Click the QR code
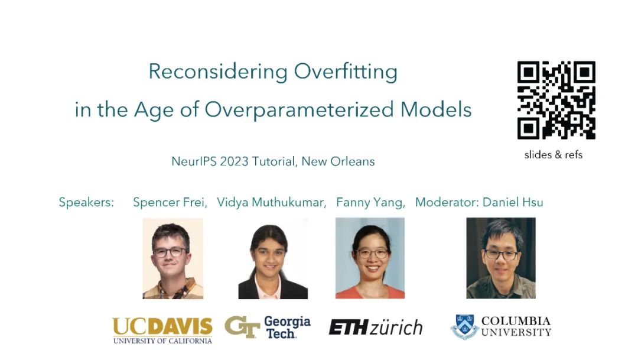point(556,100)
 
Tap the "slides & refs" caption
point(554,155)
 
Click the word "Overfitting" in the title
point(346,72)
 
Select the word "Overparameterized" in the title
point(299,110)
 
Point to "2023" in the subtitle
point(234,161)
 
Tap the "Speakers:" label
point(86,202)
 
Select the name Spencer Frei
point(170,202)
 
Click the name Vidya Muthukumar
point(271,202)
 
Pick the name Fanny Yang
point(370,202)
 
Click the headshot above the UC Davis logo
point(173,258)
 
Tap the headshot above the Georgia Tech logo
point(273,258)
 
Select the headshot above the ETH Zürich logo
point(370,258)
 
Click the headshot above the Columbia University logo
point(501,258)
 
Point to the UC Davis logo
point(162,330)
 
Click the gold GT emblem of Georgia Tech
point(242,327)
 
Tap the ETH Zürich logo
point(376,327)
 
